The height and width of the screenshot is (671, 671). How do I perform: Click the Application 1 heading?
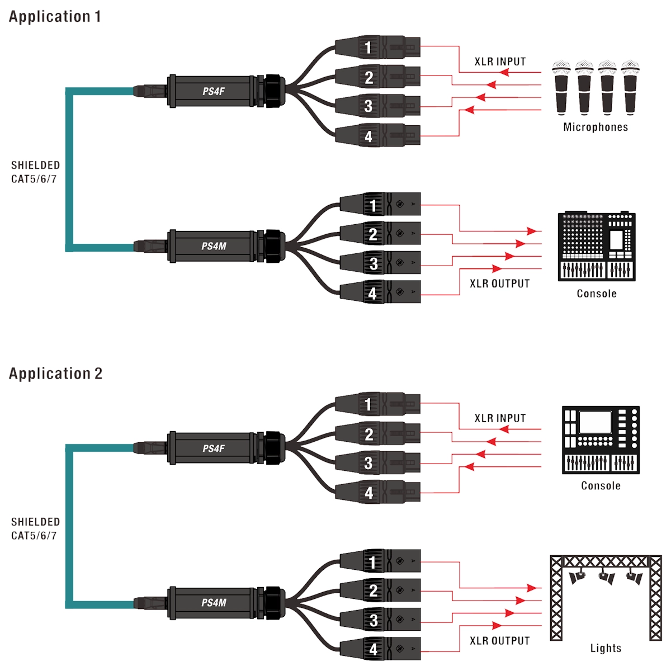click(55, 17)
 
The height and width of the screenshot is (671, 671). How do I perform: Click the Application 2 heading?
click(56, 374)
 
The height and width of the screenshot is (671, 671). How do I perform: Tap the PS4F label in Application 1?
click(214, 92)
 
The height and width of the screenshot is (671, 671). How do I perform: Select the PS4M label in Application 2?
click(214, 602)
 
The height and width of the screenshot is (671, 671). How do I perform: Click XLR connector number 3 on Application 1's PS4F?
click(377, 106)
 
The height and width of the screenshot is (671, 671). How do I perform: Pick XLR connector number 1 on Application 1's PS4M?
click(380, 205)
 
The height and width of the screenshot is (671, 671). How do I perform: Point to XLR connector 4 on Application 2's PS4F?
click(377, 492)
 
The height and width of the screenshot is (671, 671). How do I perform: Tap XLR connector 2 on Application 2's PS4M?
click(380, 590)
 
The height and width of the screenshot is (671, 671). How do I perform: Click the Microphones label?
click(596, 127)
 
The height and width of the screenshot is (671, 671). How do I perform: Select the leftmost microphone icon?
click(561, 87)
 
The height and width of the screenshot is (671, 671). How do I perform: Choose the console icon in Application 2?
click(601, 440)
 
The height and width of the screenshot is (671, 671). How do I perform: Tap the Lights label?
click(606, 648)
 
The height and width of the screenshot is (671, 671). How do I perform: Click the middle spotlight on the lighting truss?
click(607, 578)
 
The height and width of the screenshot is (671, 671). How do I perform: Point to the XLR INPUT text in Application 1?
click(500, 62)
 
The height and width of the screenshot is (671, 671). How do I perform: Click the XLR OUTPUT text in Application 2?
click(500, 641)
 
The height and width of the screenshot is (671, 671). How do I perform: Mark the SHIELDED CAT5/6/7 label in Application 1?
click(35, 172)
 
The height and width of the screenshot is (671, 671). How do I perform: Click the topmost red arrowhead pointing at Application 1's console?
click(532, 231)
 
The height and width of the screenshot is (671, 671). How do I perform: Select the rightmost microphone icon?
click(630, 87)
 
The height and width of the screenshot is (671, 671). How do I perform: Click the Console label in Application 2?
click(601, 486)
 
